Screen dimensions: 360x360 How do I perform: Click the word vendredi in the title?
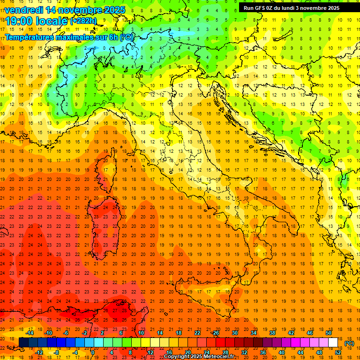coord(23,10)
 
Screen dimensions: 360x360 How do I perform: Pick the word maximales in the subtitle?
coord(75,37)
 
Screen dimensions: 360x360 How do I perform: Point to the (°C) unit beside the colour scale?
coord(349,343)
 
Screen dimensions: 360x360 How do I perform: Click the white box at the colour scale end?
coord(333,343)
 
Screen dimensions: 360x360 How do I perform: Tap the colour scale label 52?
coord(337,352)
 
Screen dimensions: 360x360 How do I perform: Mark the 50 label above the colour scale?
coord(329,333)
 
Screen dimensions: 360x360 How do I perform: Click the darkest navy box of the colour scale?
coord(23,343)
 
